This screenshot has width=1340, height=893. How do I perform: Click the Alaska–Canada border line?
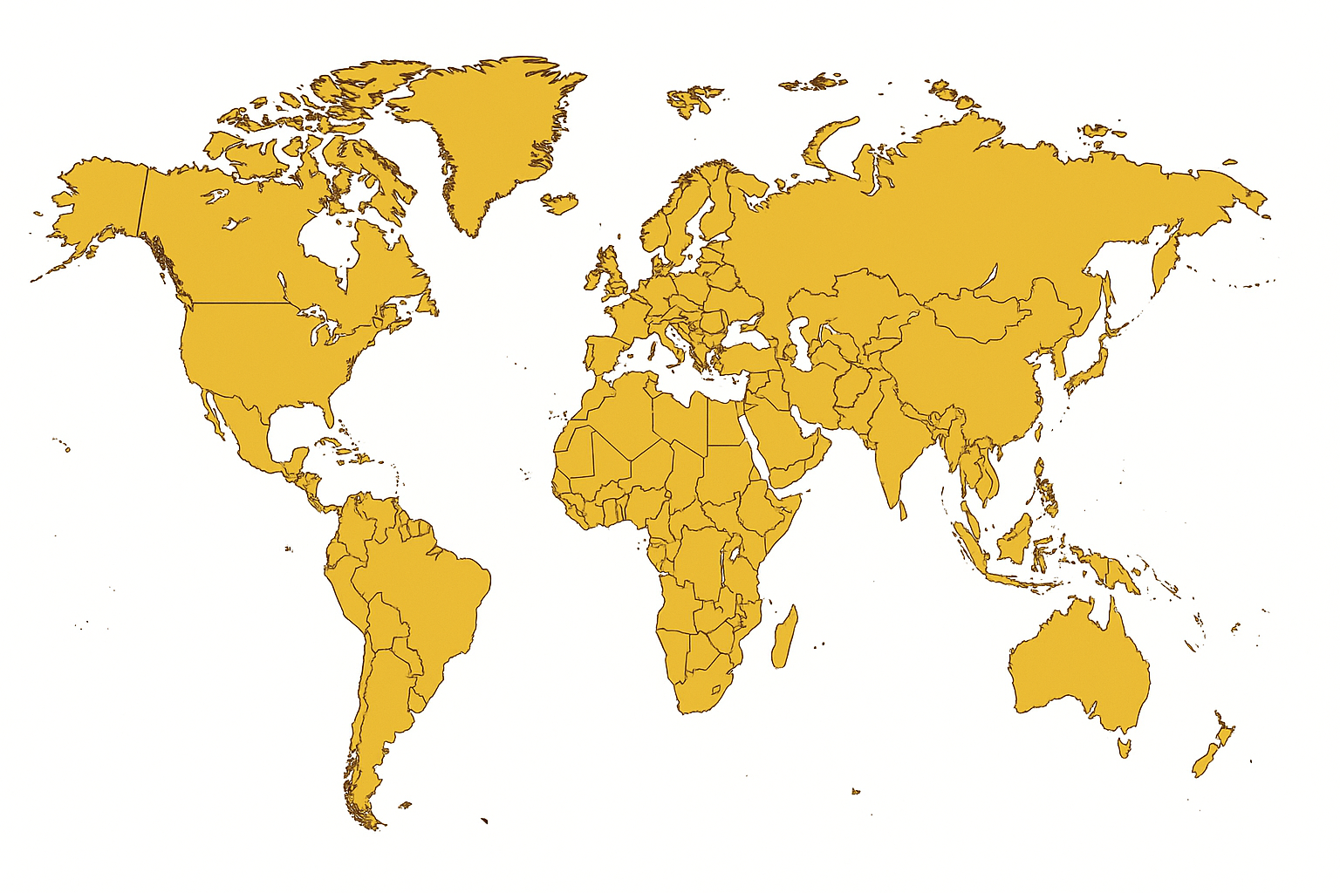tap(142, 201)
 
